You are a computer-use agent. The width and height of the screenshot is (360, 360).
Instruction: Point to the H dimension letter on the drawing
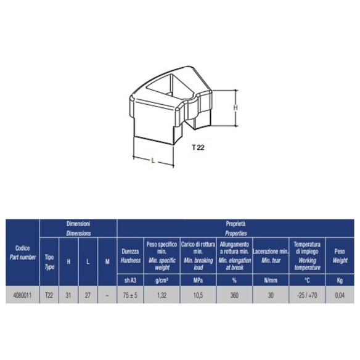click(235, 107)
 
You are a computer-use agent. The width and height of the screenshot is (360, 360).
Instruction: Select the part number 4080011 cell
click(23, 295)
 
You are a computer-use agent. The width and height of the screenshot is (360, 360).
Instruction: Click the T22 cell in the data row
click(49, 295)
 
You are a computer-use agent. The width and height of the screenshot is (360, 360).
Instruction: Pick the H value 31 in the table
click(68, 295)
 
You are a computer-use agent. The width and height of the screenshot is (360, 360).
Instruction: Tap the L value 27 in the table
click(88, 295)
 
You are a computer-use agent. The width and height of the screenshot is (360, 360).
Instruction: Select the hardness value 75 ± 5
click(131, 295)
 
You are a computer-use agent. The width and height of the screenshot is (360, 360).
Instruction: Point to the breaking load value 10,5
click(198, 295)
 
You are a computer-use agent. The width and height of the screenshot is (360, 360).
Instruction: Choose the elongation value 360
click(234, 295)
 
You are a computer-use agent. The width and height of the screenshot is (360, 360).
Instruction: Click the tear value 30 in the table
click(271, 295)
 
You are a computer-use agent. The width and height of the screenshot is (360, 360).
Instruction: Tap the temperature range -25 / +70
click(306, 295)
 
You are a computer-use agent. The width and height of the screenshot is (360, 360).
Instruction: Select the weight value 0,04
click(340, 295)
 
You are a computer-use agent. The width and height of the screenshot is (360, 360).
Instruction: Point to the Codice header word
click(23, 248)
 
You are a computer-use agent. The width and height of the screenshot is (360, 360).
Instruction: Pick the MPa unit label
click(198, 280)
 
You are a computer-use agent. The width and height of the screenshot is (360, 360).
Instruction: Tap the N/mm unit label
click(271, 280)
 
